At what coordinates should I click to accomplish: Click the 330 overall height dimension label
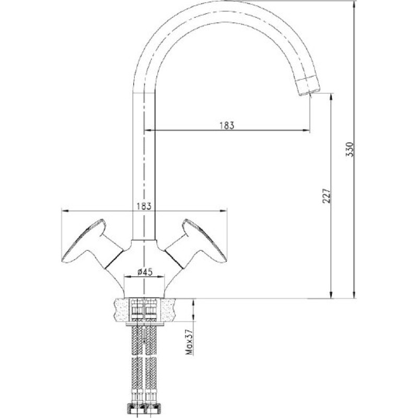[x=350, y=149]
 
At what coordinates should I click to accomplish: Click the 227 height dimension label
[x=327, y=196]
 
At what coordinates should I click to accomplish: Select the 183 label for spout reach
[x=227, y=125]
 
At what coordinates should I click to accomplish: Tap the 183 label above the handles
[x=144, y=206]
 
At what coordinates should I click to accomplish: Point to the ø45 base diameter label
[x=145, y=272]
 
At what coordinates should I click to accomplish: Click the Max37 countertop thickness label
[x=190, y=343]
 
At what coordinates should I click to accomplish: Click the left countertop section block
[x=122, y=310]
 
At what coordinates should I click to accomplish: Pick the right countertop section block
[x=167, y=310]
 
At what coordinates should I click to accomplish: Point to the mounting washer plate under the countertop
[x=145, y=324]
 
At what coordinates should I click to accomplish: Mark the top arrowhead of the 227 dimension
[x=331, y=97]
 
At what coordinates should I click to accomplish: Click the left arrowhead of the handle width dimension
[x=66, y=211]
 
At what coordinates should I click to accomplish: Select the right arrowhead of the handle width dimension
[x=223, y=211]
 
